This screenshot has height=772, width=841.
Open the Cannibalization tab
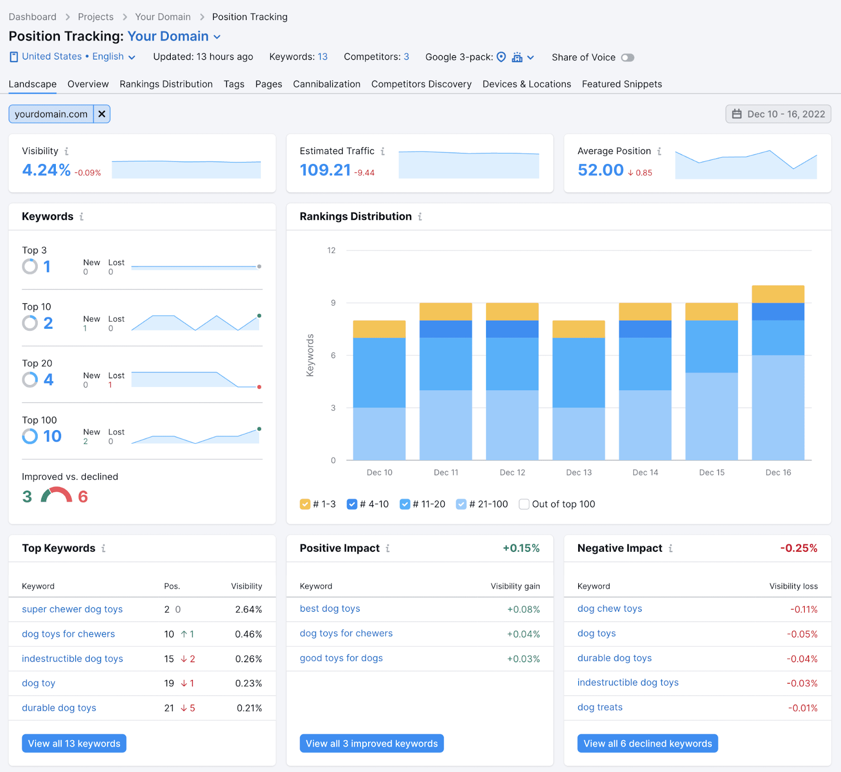326,84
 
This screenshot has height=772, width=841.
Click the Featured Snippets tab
622,84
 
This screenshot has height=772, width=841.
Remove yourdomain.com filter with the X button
102,114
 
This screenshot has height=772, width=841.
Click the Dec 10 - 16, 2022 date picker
778,114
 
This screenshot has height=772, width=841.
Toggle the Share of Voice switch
628,57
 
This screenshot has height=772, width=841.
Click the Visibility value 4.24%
46,170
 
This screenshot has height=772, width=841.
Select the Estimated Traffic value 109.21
325,170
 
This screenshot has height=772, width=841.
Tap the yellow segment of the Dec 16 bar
778,294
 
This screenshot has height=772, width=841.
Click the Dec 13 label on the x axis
579,472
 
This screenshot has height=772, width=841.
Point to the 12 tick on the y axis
331,250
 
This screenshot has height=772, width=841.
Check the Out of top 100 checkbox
524,504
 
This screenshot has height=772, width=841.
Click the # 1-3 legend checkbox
305,504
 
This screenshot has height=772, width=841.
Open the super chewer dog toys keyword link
72,609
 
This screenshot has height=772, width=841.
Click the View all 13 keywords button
74,744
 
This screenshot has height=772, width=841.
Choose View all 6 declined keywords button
648,744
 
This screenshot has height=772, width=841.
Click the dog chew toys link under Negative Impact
610,608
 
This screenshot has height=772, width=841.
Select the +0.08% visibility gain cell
523,610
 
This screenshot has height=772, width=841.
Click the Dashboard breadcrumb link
33,17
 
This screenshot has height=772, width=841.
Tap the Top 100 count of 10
52,436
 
